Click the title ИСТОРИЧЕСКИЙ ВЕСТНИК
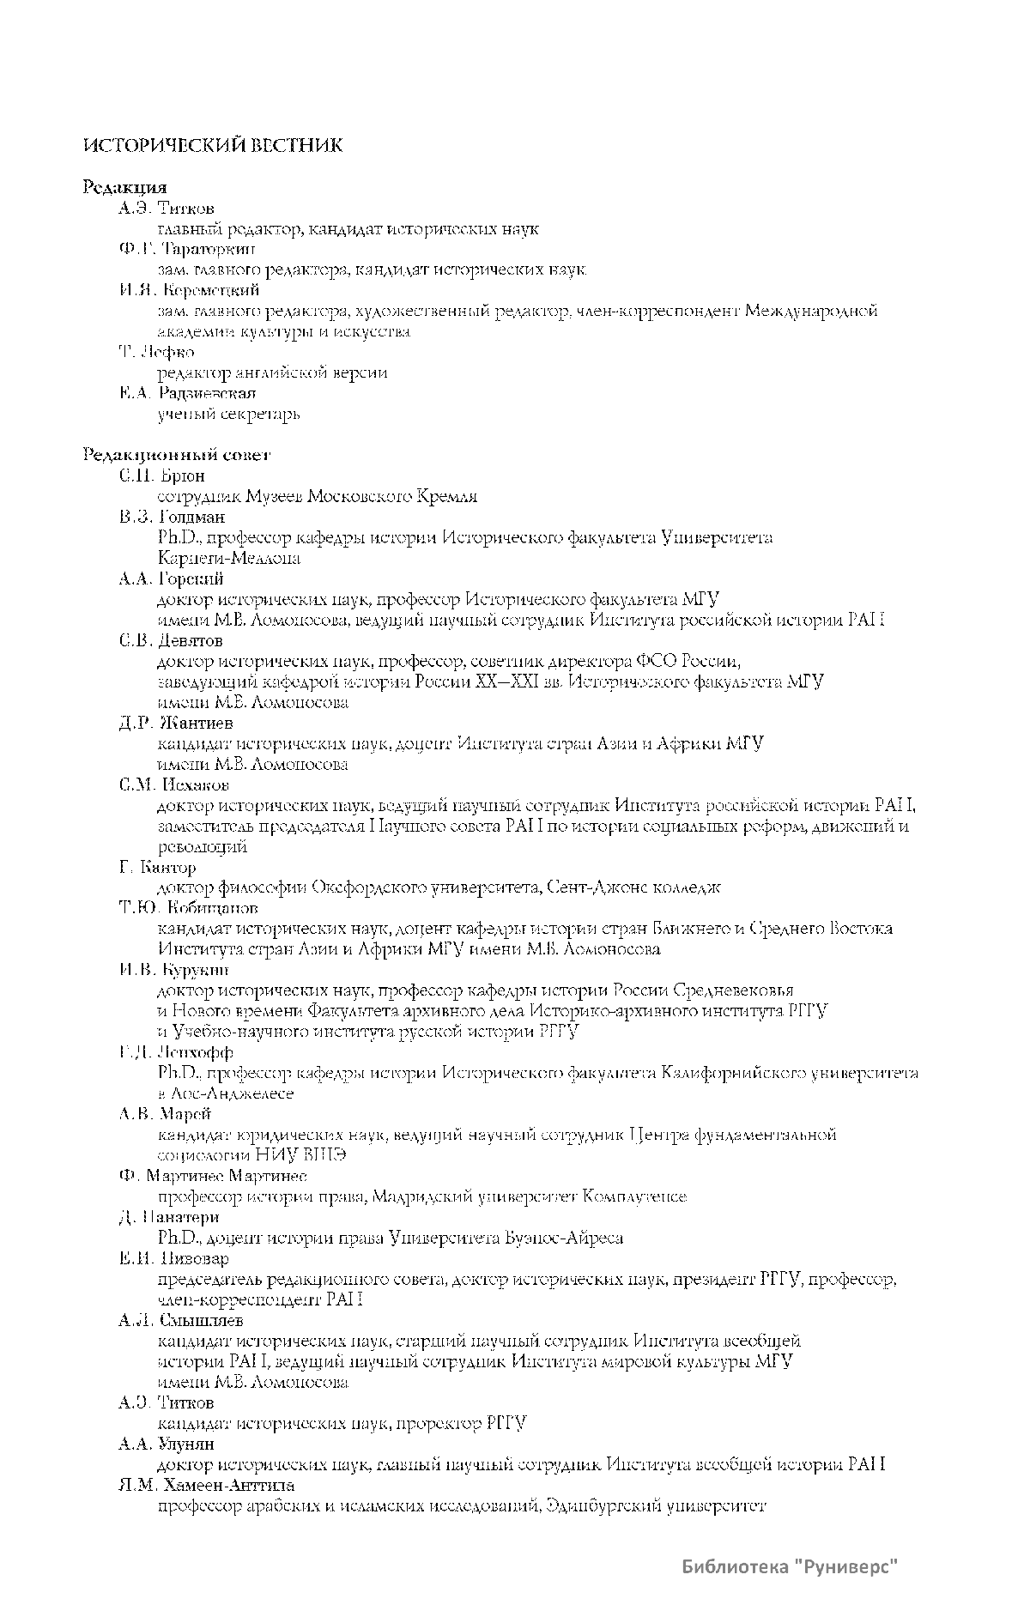tap(213, 146)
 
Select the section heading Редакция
tap(124, 187)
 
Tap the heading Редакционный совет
tap(177, 455)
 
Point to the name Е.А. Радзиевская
tap(187, 393)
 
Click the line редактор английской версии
tap(272, 372)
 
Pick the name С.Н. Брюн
tap(162, 475)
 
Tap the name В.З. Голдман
tap(173, 517)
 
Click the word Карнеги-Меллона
tap(229, 558)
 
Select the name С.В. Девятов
tap(171, 640)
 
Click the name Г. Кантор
tap(158, 867)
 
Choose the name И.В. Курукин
tap(174, 970)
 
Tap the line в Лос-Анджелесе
tap(226, 1093)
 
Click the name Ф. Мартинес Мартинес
tap(213, 1176)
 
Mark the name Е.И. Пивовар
tap(174, 1258)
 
